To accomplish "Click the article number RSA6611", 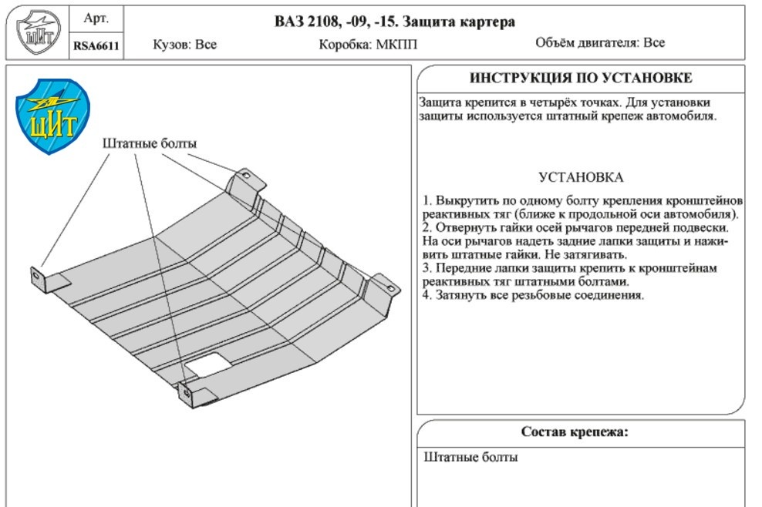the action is click(96, 46).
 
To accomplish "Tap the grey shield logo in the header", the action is click(38, 32).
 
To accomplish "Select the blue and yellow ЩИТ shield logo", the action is click(52, 116).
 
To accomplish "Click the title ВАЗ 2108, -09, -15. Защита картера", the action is click(395, 22).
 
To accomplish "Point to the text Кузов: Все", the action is click(184, 45).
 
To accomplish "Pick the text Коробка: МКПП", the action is click(368, 45).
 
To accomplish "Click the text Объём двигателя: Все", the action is click(600, 42).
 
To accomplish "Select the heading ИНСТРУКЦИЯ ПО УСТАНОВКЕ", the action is click(581, 78).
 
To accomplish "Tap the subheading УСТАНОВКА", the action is click(581, 177).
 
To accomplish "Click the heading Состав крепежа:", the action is click(575, 431).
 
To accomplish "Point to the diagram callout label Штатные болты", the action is click(150, 143).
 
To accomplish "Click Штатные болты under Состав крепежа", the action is click(471, 457).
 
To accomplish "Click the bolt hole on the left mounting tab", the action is click(36, 276).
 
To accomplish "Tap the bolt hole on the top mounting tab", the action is click(245, 176).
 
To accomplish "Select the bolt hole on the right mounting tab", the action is click(391, 288).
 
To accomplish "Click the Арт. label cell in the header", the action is click(96, 19).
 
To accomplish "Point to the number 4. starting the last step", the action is click(427, 295).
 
